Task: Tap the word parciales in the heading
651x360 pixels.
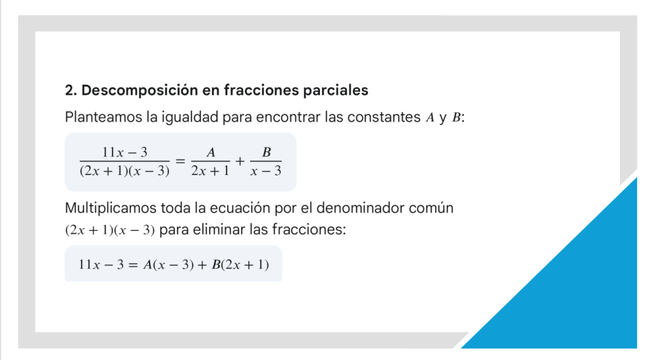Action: [335, 90]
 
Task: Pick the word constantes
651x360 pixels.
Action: [384, 118]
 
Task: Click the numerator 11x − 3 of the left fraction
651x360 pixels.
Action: [125, 152]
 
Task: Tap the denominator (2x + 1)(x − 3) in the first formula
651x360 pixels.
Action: [125, 171]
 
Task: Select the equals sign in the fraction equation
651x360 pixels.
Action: [180, 161]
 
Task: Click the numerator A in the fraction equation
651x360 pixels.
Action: [211, 152]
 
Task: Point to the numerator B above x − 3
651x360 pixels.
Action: [267, 152]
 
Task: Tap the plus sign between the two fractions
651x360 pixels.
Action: [239, 161]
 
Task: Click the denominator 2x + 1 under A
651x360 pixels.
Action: [210, 171]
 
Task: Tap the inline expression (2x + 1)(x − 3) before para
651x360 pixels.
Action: [110, 230]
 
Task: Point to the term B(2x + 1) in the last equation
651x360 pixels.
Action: [240, 265]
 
